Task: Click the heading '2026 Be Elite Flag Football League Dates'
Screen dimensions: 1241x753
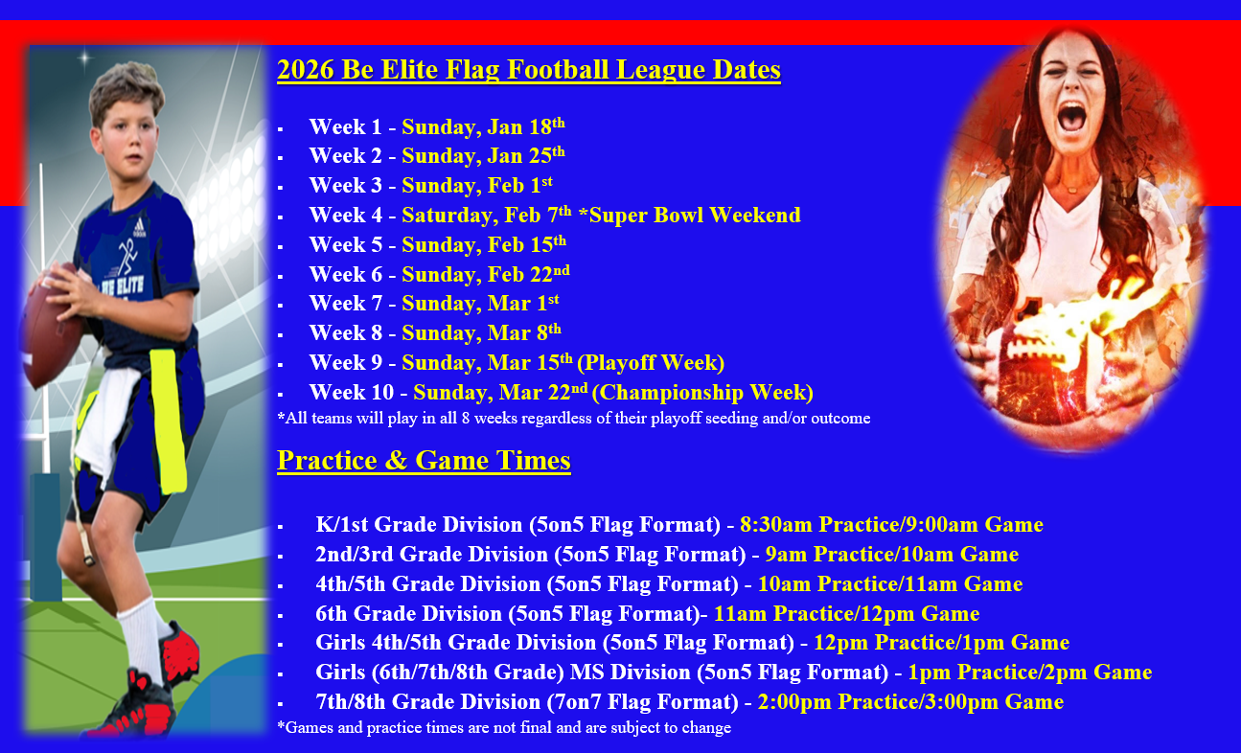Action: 529,70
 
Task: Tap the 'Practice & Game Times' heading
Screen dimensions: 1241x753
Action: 424,461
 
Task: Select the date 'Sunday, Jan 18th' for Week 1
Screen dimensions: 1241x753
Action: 483,126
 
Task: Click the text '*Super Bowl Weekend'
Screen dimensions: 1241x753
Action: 689,215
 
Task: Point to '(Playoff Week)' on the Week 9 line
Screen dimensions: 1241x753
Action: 651,363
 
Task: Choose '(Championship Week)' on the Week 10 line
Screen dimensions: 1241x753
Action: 702,393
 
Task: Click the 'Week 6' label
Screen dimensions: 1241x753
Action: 346,275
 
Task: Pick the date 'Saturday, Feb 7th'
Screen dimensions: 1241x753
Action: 487,216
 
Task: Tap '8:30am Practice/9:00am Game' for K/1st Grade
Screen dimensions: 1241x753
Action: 891,524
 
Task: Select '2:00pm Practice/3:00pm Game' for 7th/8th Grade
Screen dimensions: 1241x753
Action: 910,701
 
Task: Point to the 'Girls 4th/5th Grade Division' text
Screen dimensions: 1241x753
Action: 455,642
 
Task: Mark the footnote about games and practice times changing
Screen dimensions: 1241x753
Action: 504,727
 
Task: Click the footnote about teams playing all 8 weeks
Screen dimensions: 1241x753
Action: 573,418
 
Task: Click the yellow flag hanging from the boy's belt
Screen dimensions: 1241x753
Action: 168,421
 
